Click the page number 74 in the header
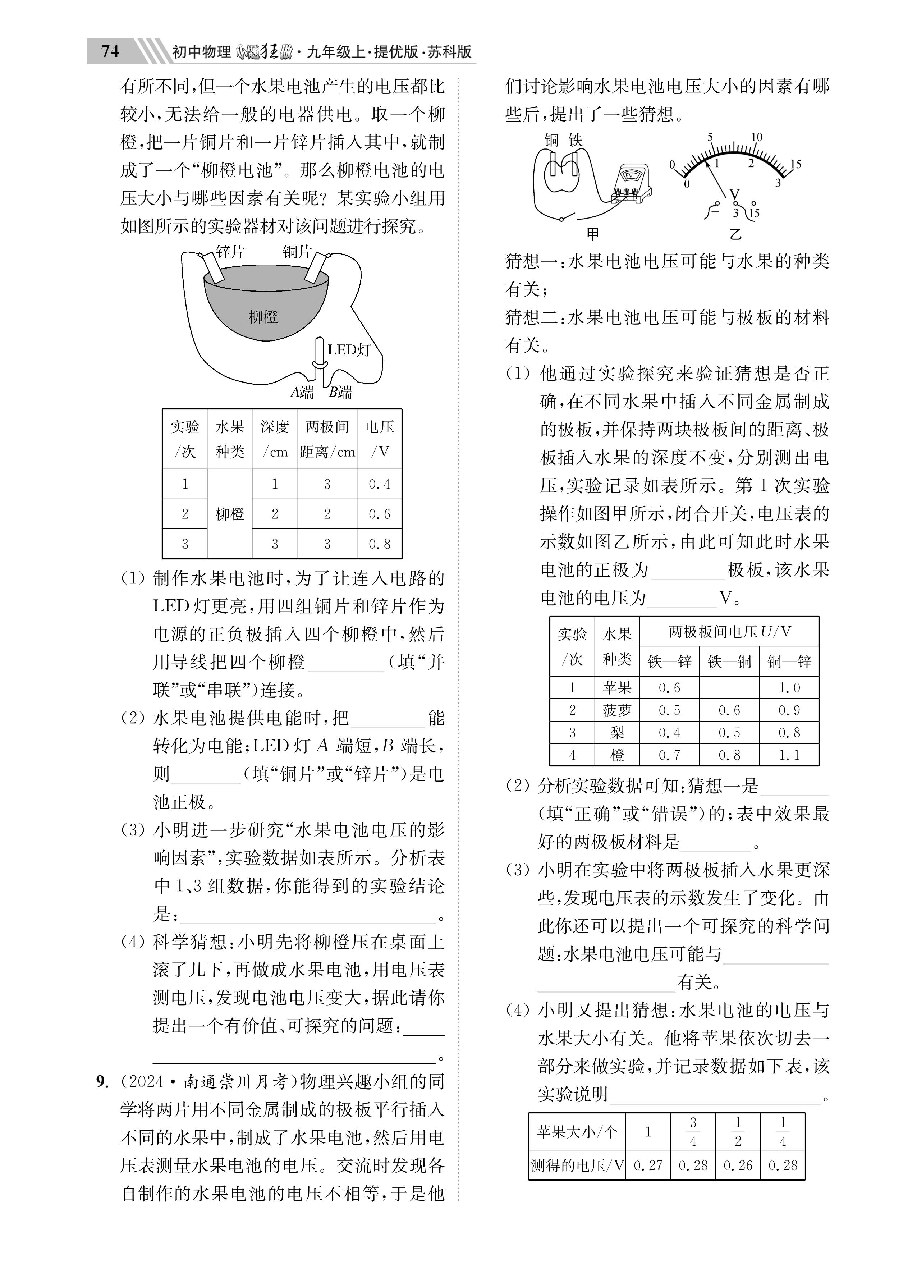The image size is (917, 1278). tap(110, 51)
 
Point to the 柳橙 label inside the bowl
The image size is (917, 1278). tap(263, 317)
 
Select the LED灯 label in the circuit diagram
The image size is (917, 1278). tap(349, 350)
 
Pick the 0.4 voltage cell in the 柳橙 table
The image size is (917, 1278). tap(379, 484)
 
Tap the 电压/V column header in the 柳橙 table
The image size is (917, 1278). tap(379, 439)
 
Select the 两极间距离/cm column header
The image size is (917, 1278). tap(327, 439)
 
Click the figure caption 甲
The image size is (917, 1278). tap(592, 233)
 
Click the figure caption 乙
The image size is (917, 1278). tap(735, 233)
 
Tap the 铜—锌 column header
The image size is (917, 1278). tap(789, 661)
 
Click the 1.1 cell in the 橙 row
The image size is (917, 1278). tap(789, 755)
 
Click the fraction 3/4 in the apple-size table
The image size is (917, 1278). tap(693, 1132)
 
